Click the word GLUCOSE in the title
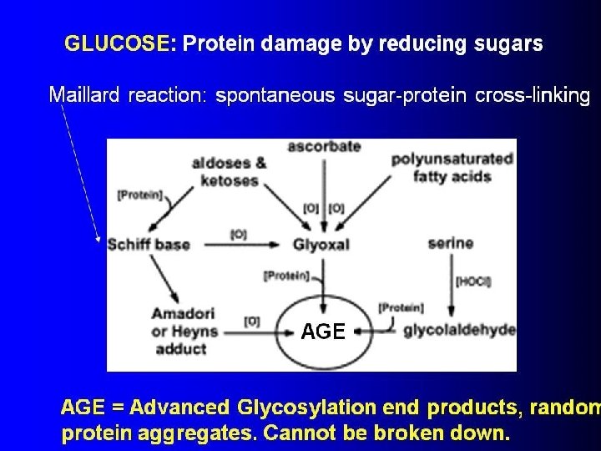coord(116,44)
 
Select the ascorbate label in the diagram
coord(324,147)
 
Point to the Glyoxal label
coord(321,246)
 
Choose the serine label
coord(451,245)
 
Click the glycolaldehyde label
coord(460,330)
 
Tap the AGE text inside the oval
coord(322,332)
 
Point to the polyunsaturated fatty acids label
coord(452,166)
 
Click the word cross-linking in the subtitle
coord(533,94)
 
